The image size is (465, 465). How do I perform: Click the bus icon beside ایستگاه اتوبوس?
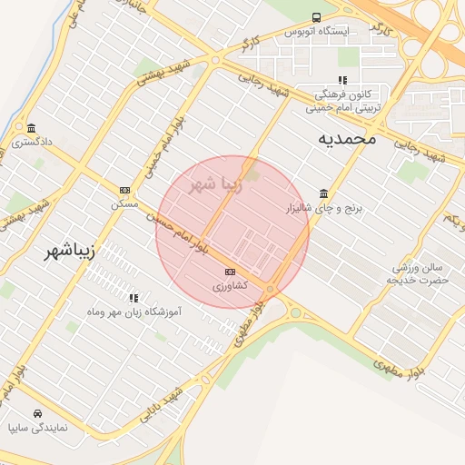point(316,17)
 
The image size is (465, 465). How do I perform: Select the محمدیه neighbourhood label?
point(346,139)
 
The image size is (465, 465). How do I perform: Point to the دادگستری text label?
point(32,142)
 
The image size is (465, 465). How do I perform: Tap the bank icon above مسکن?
point(124,190)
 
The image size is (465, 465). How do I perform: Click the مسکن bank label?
point(124,204)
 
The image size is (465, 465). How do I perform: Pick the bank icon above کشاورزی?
point(230,272)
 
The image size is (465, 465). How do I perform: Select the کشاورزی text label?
point(230,286)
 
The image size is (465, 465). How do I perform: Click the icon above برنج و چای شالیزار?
point(324,193)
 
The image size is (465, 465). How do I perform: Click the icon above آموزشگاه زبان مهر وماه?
point(134,297)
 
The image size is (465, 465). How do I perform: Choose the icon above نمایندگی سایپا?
point(35,411)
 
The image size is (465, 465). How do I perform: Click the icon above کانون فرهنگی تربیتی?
point(342,80)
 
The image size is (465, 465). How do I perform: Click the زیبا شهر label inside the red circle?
point(215,184)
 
